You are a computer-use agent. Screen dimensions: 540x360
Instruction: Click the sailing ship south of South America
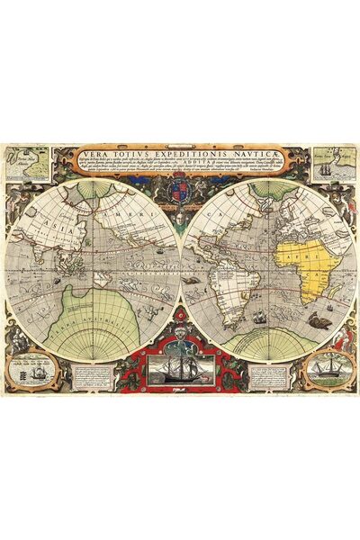pos(259,317)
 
